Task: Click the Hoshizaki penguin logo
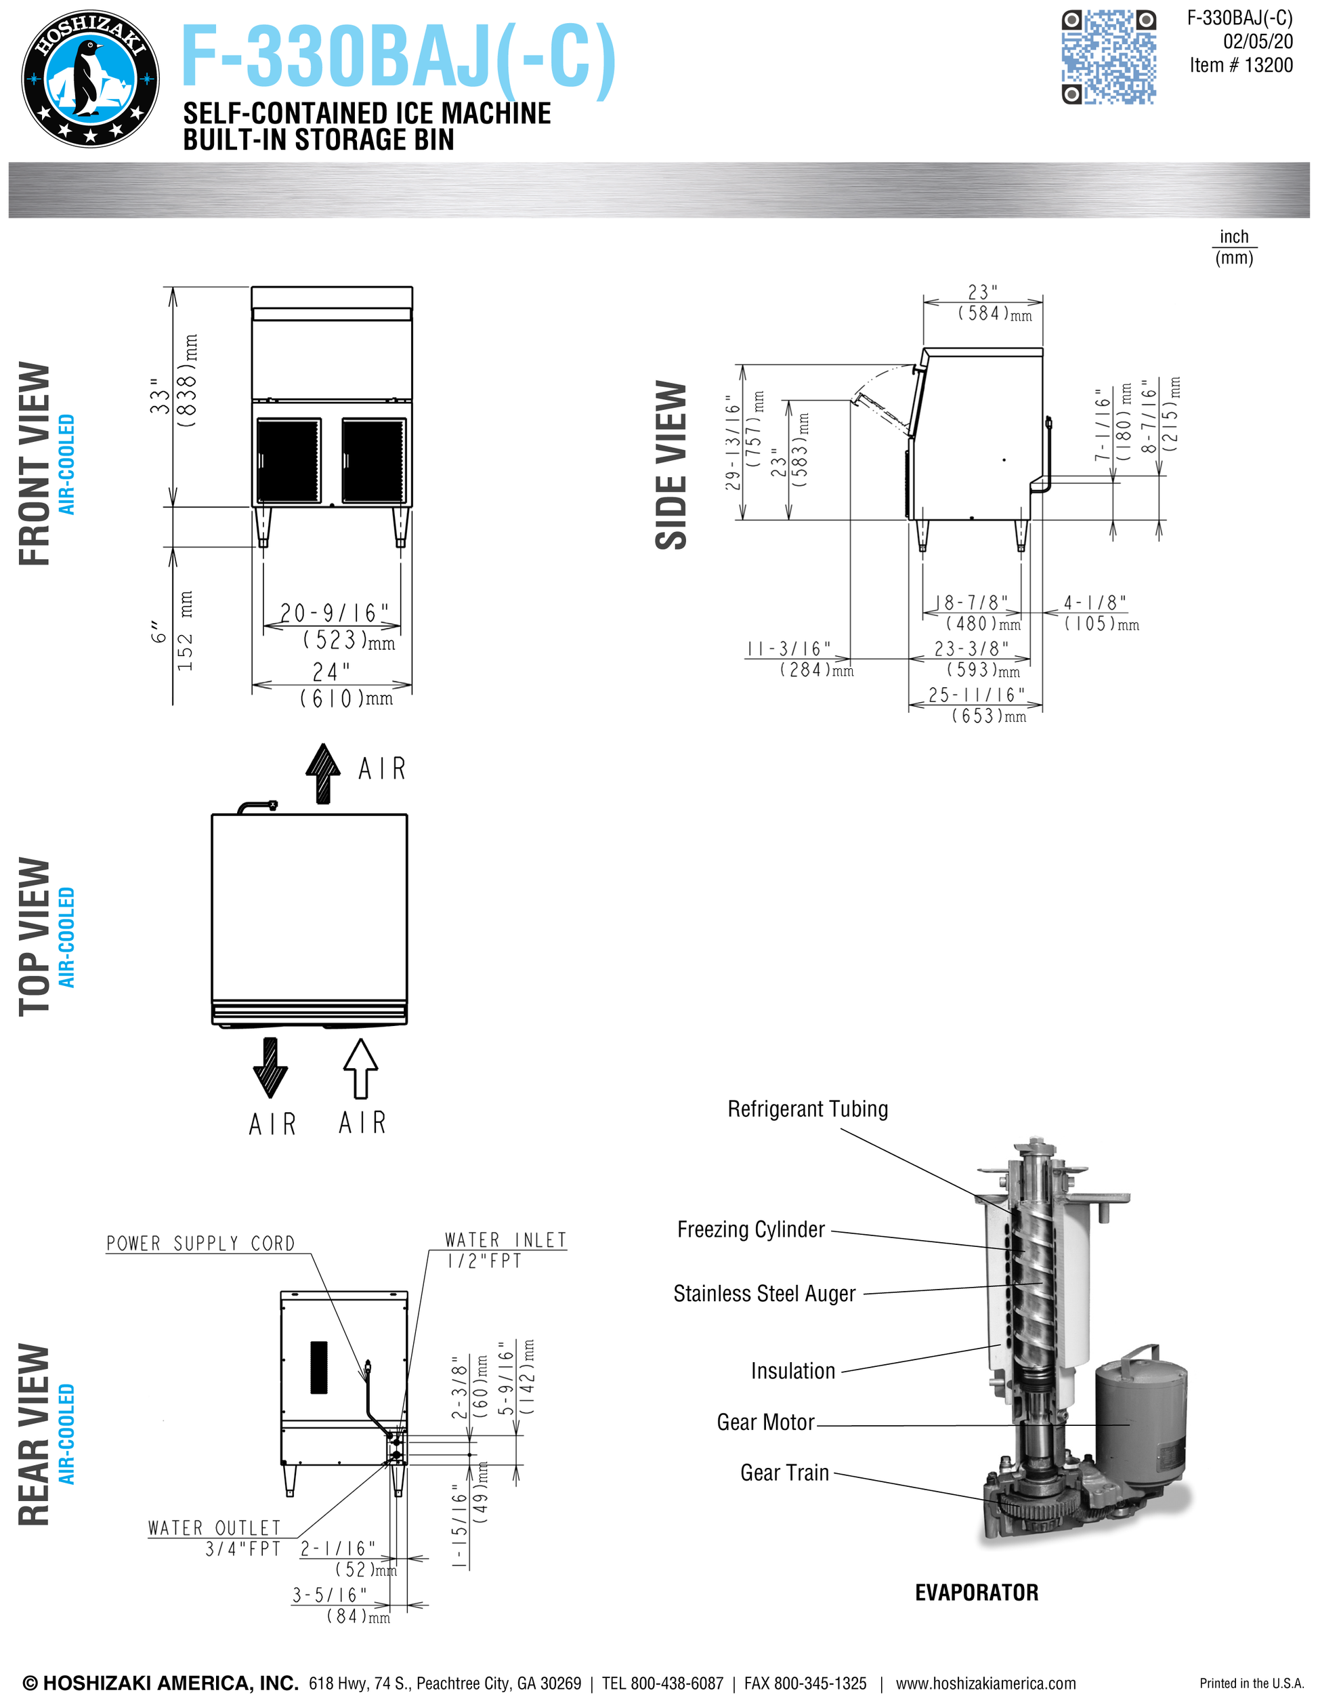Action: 90,79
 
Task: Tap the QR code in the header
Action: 1109,57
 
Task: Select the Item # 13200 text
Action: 1241,66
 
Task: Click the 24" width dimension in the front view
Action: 332,672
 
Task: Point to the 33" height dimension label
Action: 160,396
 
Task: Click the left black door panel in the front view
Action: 288,460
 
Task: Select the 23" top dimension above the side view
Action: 983,293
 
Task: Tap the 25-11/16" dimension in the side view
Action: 976,695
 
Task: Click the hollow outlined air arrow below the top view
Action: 360,1069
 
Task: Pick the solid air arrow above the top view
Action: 323,773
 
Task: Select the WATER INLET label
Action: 505,1240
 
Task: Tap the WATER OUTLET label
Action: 214,1528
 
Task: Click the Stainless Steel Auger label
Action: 764,1294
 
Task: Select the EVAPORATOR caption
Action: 976,1592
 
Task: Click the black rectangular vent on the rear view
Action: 319,1367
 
